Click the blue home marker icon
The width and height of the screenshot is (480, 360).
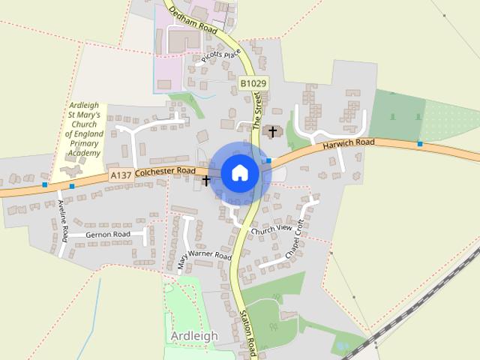click(239, 172)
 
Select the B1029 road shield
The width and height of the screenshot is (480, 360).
click(253, 83)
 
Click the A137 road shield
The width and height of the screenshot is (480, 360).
click(120, 175)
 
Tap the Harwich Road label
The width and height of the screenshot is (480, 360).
click(349, 142)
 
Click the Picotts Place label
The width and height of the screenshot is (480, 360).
click(220, 58)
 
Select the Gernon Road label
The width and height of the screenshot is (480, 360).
click(108, 234)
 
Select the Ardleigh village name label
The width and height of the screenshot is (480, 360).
click(193, 335)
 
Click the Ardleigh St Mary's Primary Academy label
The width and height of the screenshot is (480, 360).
click(83, 130)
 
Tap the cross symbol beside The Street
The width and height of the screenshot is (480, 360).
click(273, 132)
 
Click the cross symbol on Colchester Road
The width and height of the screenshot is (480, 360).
click(206, 180)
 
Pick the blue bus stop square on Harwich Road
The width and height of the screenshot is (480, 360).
click(420, 143)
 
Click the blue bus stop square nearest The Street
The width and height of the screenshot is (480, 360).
click(268, 160)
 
